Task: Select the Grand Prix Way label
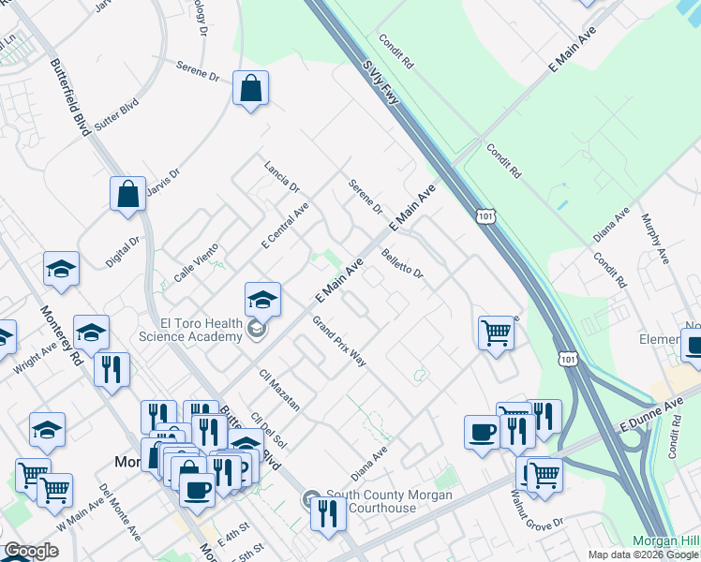point(338,341)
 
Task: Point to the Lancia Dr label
point(280,171)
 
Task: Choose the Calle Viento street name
point(196,262)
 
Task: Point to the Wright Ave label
point(36,357)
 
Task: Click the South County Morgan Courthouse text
point(384,501)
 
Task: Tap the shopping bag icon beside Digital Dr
point(127,195)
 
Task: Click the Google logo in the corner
point(31,552)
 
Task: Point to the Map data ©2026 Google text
point(643,555)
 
